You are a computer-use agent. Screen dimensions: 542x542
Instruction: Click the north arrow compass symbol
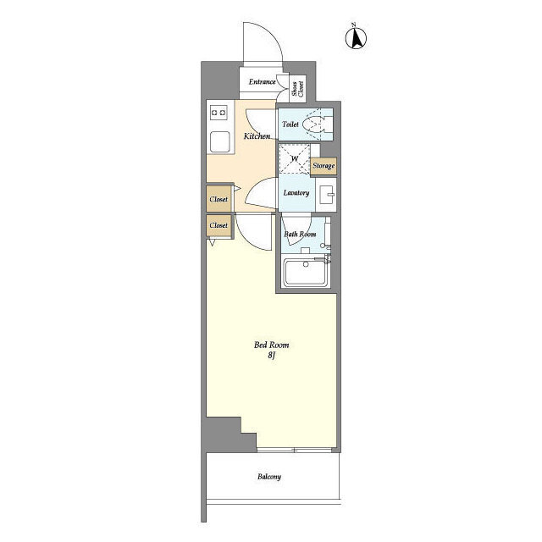point(356,37)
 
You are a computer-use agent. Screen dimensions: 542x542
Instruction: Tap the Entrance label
point(262,82)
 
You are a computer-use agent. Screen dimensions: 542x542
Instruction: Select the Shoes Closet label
point(297,89)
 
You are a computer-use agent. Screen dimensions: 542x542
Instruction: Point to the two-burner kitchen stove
point(218,113)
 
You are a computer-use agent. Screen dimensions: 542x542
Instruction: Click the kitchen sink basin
point(220,141)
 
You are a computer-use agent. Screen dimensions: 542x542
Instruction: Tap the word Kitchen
point(257,136)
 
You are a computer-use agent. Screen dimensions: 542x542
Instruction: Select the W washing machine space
point(294,158)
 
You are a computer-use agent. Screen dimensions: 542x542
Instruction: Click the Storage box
point(324,166)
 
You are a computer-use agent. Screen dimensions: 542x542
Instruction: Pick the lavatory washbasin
point(326,195)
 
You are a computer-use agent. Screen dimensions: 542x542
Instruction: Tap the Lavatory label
point(296,193)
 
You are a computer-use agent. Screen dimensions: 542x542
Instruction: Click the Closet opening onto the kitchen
point(218,198)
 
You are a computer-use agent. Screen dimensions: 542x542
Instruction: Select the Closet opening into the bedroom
point(218,226)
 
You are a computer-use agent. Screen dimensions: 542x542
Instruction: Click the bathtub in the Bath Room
point(306,273)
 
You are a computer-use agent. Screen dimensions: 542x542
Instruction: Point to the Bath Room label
point(300,234)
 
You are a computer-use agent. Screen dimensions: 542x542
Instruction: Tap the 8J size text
point(271,356)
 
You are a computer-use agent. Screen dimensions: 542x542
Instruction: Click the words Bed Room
point(271,345)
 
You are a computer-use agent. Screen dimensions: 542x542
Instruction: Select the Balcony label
point(269,477)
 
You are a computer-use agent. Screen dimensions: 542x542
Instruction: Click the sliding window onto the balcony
point(294,450)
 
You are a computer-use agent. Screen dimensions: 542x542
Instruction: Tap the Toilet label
point(290,124)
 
